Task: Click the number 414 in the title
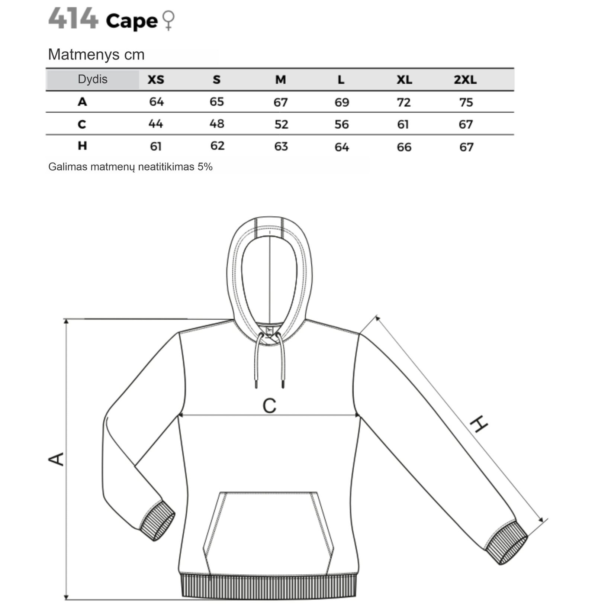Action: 73,19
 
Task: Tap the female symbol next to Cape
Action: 169,20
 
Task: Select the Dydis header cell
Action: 93,79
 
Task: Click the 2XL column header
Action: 465,80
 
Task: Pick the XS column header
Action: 156,80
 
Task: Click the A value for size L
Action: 342,102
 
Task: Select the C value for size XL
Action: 403,124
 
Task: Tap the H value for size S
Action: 218,146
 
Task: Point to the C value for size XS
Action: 156,123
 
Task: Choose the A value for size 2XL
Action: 466,102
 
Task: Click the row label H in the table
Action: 82,146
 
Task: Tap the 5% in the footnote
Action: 205,167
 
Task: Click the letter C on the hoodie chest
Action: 269,406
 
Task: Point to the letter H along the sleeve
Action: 479,424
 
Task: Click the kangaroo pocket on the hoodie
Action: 268,533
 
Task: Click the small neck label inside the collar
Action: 270,330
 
